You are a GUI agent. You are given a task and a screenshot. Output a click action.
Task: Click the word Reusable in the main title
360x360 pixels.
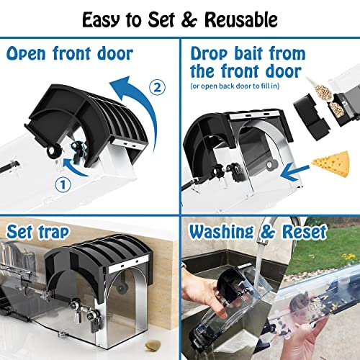coord(241,19)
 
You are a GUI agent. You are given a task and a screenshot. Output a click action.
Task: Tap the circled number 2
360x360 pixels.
coord(157,87)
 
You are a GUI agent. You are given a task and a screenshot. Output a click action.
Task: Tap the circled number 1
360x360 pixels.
coord(63,184)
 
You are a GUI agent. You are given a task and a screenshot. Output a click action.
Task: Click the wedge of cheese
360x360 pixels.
coord(331,163)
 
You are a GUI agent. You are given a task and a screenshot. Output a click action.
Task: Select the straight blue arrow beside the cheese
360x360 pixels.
coord(294,172)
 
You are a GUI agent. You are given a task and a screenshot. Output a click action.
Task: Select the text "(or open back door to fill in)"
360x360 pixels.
coord(235,86)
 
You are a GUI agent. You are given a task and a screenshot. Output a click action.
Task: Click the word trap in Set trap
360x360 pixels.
coord(54,233)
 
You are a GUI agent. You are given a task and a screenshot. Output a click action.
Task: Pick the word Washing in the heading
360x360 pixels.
coord(221,233)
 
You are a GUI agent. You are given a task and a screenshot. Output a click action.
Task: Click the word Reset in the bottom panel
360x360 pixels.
coord(305,232)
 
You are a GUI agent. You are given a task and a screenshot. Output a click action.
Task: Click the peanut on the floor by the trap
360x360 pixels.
coord(153,345)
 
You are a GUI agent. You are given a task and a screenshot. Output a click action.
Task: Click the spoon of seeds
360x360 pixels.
coord(320,89)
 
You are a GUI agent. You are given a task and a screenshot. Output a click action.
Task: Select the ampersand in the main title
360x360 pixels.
coord(189,20)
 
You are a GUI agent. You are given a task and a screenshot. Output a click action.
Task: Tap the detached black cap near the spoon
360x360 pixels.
coord(311,117)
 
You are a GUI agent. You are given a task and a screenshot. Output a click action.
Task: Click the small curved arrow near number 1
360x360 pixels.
coord(74,166)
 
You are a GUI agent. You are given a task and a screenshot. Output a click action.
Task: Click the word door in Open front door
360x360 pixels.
coord(115,53)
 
